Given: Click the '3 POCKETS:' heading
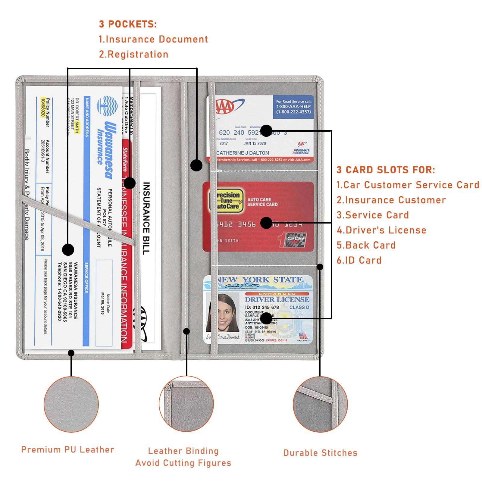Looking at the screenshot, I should click(x=128, y=24).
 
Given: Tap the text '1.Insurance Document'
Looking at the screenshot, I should click(x=153, y=39).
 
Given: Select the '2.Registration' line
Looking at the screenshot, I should click(x=133, y=54).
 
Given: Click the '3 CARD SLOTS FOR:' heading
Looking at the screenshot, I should click(x=386, y=170).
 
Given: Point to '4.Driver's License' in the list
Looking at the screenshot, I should click(x=381, y=230).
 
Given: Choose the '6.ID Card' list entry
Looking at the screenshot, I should click(x=359, y=260).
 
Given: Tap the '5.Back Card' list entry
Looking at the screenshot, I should click(x=366, y=245).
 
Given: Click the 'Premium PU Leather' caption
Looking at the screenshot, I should click(x=67, y=450).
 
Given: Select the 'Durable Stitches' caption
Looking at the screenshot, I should click(x=320, y=453).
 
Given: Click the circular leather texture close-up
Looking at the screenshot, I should click(x=71, y=404).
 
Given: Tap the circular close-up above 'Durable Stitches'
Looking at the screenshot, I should click(x=320, y=404).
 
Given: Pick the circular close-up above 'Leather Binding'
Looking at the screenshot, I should click(x=186, y=404).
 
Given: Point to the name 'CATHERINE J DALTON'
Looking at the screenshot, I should click(x=243, y=153).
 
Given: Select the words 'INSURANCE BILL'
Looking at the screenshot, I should click(x=146, y=218).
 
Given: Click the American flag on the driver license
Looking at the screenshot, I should click(x=302, y=336).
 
